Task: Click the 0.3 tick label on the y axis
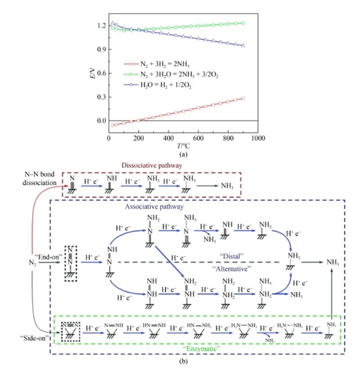pyautogui.click(x=100, y=97)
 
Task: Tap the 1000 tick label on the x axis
pyautogui.click(x=258, y=138)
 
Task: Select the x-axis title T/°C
pyautogui.click(x=183, y=144)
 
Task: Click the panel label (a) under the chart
pyautogui.click(x=183, y=153)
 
